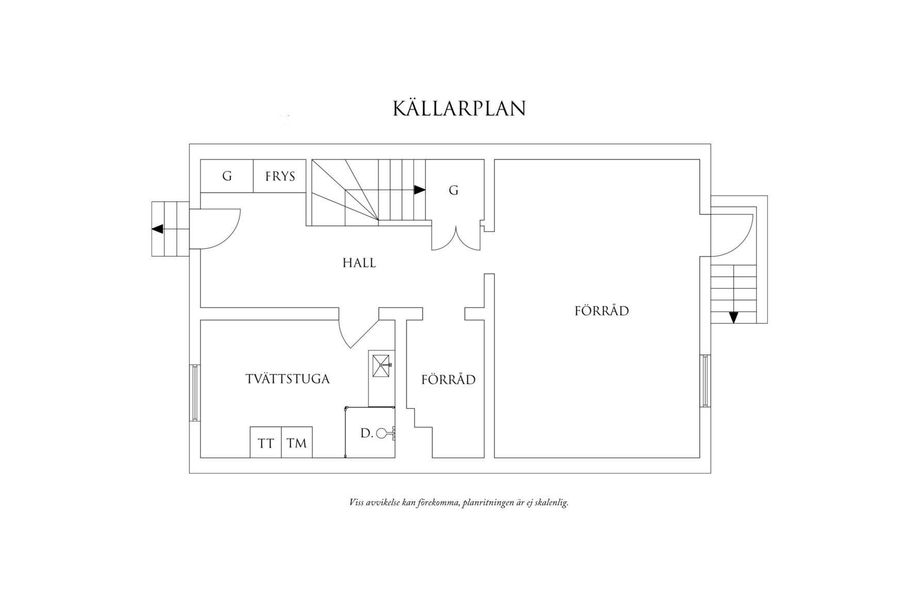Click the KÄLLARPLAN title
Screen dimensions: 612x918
[x=459, y=109]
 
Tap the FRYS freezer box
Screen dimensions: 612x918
[x=280, y=176]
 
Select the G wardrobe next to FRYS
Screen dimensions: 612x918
[x=227, y=176]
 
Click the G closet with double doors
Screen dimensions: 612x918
[x=454, y=191]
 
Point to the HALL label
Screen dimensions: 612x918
[x=359, y=263]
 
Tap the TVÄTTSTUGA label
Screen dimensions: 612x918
[x=288, y=379]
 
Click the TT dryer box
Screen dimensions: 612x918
[x=266, y=443]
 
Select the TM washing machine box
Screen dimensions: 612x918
[x=297, y=443]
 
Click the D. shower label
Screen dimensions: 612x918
[x=366, y=434]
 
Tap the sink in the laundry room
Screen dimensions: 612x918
[x=381, y=365]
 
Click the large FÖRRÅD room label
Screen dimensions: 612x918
[x=602, y=311]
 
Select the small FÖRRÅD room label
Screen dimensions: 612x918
[x=448, y=380]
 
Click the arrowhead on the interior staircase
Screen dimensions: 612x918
[x=420, y=190]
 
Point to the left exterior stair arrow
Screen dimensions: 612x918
[x=157, y=229]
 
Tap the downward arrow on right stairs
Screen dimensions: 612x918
[x=733, y=317]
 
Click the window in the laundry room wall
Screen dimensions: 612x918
[x=194, y=393]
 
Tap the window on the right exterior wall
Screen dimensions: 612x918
[x=705, y=381]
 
